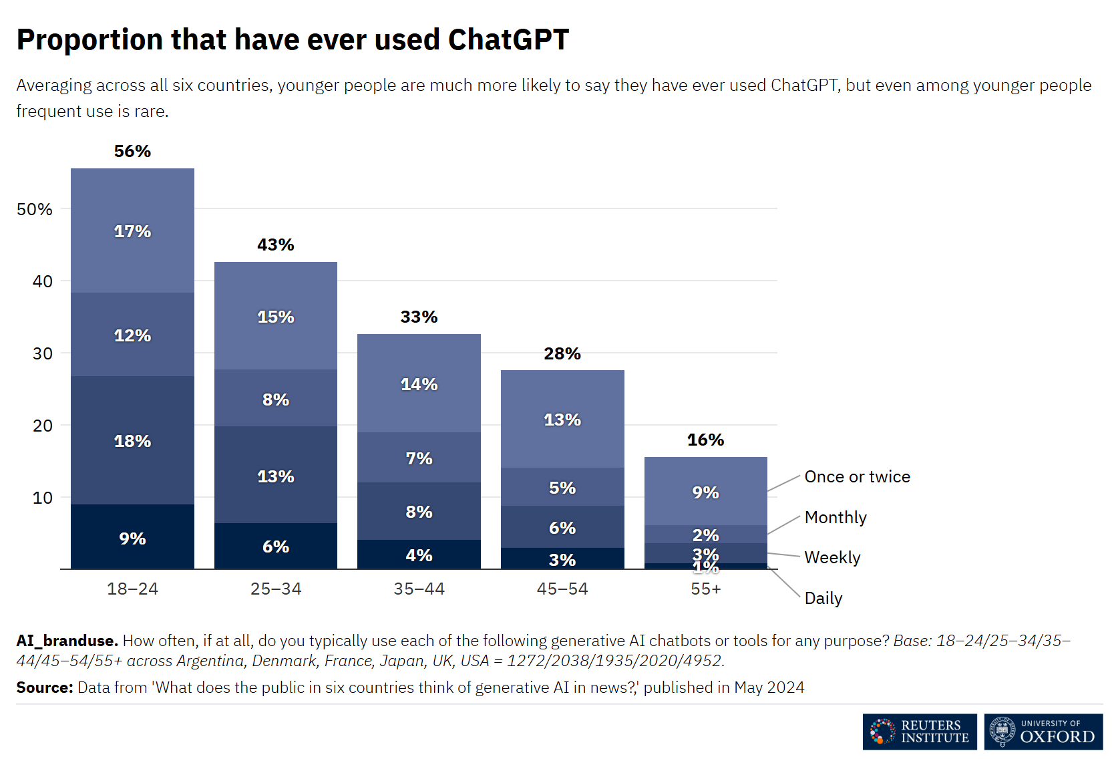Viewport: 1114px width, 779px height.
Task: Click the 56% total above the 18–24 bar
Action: tap(132, 152)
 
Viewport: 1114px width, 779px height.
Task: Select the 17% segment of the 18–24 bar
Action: tap(132, 231)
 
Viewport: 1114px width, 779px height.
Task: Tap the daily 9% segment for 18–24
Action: tap(132, 538)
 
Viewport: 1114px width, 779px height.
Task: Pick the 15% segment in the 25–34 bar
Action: tap(276, 317)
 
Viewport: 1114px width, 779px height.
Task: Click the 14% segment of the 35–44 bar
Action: tap(419, 384)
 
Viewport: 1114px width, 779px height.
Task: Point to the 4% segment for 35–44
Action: tap(419, 555)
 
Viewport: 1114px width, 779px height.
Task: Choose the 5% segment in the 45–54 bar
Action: tap(562, 488)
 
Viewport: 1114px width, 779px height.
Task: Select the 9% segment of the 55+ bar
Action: tap(705, 492)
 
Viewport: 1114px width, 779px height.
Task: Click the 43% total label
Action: tap(276, 245)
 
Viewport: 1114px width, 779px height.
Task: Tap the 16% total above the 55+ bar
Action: tap(705, 440)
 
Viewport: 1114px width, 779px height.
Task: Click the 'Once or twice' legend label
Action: tap(857, 477)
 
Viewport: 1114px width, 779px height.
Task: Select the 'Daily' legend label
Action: tap(823, 599)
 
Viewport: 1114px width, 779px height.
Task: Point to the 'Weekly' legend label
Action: tap(832, 558)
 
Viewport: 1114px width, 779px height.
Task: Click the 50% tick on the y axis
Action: tap(35, 210)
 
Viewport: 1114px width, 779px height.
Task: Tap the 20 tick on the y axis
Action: tap(43, 426)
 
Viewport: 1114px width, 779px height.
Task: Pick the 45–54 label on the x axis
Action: tap(562, 589)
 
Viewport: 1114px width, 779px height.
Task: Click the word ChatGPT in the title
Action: tap(508, 40)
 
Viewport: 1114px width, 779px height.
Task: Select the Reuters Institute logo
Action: tap(919, 732)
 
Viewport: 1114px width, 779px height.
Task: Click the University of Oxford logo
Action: tap(1043, 732)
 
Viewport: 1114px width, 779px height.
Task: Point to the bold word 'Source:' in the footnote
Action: tap(45, 687)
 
